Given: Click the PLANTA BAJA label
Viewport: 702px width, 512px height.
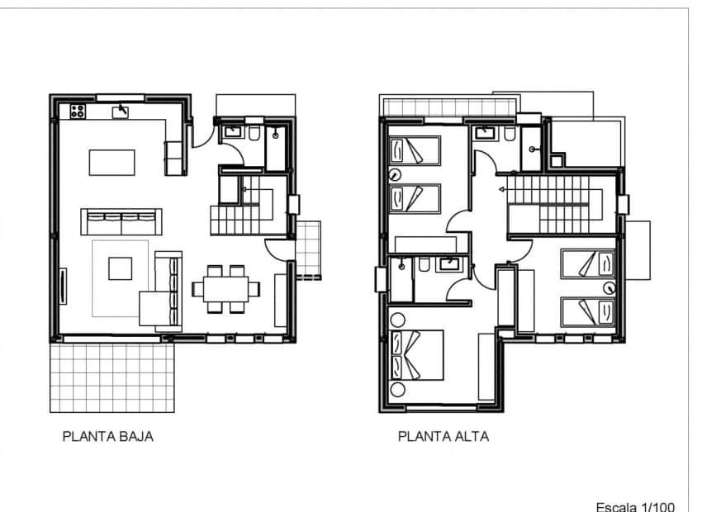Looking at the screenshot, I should point(107,437).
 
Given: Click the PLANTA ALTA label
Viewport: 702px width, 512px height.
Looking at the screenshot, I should point(443,437).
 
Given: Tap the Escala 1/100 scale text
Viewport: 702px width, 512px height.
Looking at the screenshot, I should point(635,505).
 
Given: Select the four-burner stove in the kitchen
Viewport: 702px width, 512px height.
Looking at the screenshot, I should point(79,111).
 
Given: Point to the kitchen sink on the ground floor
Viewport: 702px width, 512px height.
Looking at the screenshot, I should point(121,111).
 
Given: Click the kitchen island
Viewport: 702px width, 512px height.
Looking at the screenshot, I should point(112,161).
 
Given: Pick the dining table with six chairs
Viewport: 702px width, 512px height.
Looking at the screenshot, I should point(225,289).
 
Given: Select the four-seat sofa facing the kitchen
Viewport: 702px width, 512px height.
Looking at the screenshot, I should point(121,221).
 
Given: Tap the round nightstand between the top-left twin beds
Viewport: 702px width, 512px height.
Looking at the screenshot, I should point(396,174).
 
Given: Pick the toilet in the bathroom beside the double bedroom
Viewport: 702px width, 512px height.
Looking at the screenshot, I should point(422,265).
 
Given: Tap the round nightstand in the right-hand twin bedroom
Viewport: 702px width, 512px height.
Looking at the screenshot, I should point(610,288).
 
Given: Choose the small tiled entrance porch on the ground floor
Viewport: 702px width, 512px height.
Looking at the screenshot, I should point(308,249).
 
